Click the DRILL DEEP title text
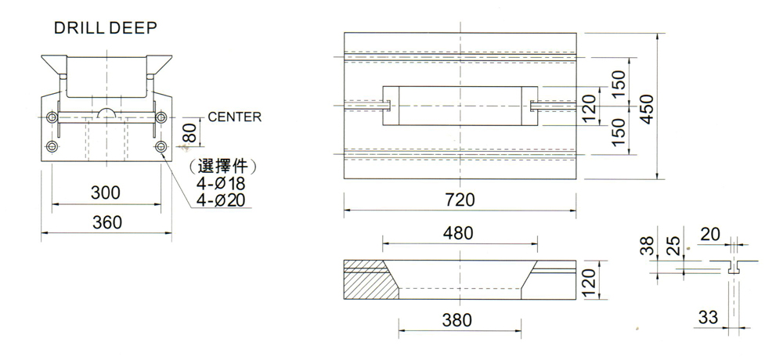coord(106,28)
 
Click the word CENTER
coord(235,117)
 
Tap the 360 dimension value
coord(107,222)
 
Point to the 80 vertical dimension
coord(189,132)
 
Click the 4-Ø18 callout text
coord(222,184)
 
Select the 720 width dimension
coord(460,200)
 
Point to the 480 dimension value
coord(459,233)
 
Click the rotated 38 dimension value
coord(647,247)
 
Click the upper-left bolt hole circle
coord(52,117)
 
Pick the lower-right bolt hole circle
coord(161,146)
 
